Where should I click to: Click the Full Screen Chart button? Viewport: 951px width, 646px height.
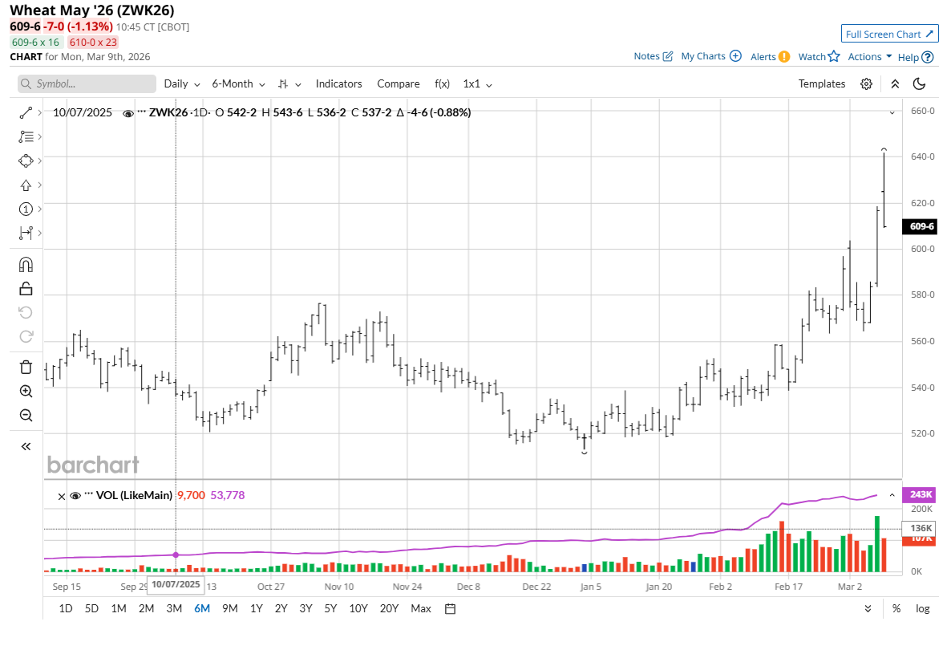[x=889, y=34]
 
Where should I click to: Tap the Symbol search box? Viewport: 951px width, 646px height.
[x=87, y=83]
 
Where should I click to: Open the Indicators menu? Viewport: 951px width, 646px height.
[x=338, y=83]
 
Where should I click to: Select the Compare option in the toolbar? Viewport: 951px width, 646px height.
[x=399, y=83]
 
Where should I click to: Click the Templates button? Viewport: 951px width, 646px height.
[x=821, y=83]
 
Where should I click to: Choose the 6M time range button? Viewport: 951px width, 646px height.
[x=201, y=608]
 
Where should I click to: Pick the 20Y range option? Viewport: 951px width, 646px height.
[x=389, y=608]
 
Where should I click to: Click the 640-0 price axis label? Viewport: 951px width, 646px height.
[x=921, y=156]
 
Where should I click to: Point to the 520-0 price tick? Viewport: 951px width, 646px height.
[x=921, y=433]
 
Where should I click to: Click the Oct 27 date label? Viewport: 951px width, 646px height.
[x=272, y=587]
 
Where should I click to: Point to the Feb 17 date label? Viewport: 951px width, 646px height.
[x=787, y=587]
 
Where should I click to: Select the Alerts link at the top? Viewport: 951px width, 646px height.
[x=770, y=56]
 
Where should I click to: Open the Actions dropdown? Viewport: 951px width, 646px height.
[x=869, y=56]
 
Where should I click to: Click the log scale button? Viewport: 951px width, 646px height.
[x=923, y=608]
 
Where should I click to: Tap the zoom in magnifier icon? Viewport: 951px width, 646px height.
[x=26, y=392]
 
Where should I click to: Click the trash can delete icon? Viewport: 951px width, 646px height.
[x=26, y=367]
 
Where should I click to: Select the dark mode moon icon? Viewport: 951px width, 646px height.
[x=920, y=83]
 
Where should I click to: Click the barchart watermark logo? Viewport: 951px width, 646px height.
[x=93, y=465]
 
